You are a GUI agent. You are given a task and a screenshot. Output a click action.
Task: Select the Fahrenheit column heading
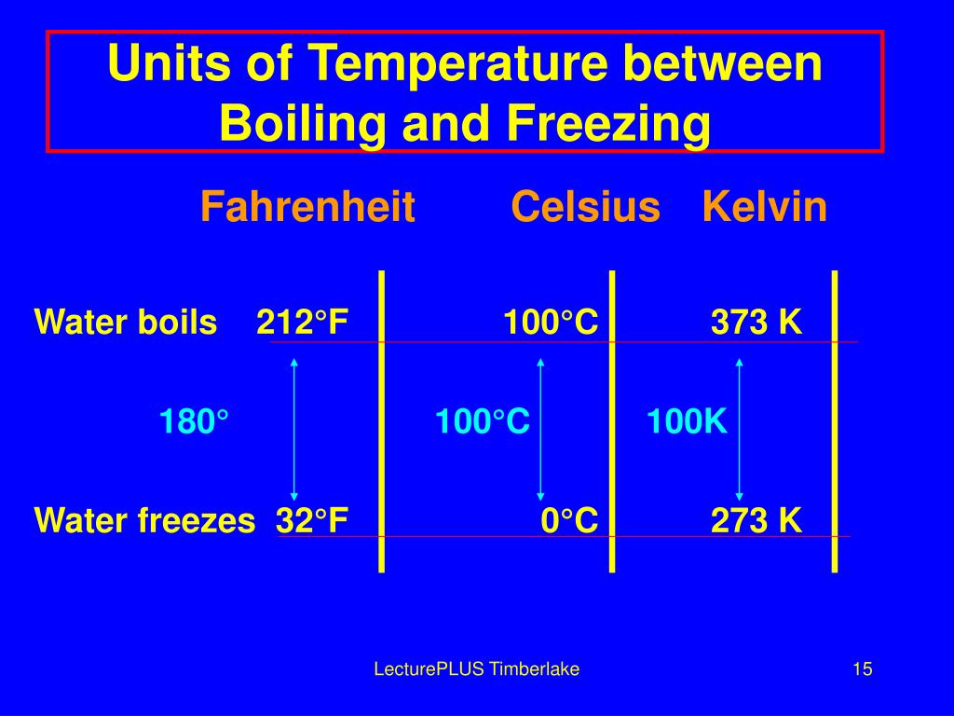307,207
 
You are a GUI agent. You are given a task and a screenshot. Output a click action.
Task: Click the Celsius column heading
585,207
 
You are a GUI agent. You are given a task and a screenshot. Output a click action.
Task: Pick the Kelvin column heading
765,207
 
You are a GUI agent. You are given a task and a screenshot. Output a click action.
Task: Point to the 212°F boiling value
303,323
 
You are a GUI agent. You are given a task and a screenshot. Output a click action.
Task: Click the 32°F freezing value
312,520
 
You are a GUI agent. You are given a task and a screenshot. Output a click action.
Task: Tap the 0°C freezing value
569,520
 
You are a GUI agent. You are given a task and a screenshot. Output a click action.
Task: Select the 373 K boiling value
756,323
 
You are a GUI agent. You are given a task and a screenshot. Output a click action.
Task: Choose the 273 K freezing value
756,520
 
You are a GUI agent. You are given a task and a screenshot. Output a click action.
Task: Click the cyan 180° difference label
194,422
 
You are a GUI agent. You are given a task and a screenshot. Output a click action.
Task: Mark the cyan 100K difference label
687,422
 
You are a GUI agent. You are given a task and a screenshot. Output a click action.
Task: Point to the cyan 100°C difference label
482,422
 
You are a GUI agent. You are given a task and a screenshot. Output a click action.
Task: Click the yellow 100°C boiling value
550,323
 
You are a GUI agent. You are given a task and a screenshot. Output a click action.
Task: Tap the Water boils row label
125,323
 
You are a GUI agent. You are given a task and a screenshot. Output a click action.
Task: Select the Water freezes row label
144,520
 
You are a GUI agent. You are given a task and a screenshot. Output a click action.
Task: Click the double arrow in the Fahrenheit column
294,429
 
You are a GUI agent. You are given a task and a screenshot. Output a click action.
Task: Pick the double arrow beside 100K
739,429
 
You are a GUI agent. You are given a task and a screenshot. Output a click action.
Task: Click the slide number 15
862,668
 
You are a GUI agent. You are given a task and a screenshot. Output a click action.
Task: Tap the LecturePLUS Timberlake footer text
476,668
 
